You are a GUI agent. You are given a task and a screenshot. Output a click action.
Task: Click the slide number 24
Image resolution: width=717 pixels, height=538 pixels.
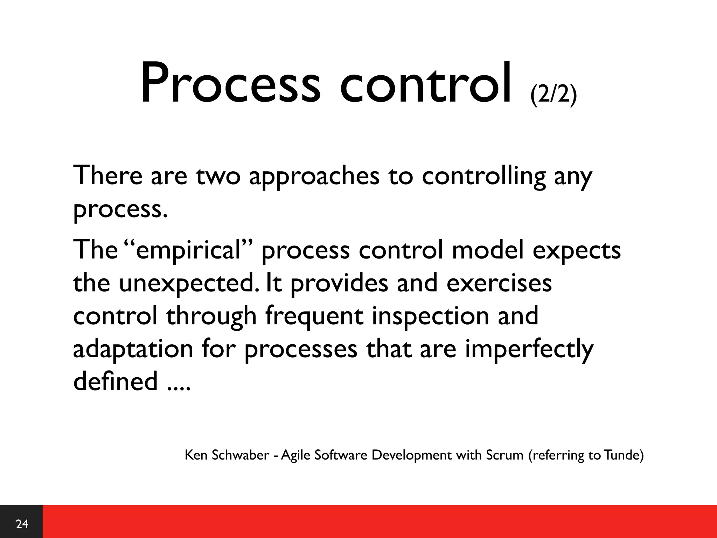[22, 524]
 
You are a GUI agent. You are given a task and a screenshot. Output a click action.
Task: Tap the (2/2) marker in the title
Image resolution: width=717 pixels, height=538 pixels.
[553, 95]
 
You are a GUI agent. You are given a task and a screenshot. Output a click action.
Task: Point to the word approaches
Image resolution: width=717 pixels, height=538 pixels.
[314, 177]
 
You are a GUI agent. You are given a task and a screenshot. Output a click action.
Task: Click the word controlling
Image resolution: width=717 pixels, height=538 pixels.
[483, 177]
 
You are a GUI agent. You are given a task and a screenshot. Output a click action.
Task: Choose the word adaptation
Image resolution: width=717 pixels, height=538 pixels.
[133, 350]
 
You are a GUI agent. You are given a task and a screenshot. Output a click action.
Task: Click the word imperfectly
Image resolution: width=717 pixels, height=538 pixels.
[529, 350]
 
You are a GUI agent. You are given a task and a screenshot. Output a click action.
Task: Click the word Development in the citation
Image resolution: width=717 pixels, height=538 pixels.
[411, 455]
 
